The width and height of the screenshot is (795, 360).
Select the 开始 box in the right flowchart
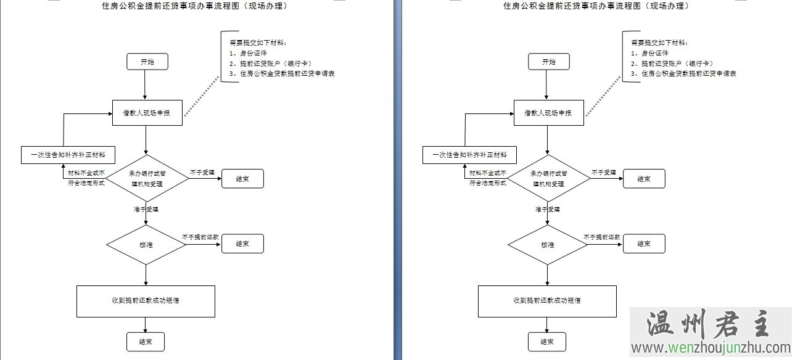click(x=548, y=62)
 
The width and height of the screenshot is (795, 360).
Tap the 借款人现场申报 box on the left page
click(x=147, y=113)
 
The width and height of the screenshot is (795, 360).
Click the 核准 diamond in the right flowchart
click(x=548, y=245)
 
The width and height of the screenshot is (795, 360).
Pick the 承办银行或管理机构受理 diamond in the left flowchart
click(x=147, y=178)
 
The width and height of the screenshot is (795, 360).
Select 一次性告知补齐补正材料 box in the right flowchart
click(x=469, y=155)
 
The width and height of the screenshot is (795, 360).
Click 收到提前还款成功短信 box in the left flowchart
click(x=146, y=301)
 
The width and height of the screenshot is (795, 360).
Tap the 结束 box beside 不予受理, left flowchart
click(x=242, y=179)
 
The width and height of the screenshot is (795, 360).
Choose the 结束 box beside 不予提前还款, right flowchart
click(x=644, y=243)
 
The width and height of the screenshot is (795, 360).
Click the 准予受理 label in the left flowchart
click(x=146, y=210)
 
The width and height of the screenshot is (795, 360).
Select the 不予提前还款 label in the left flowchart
click(x=202, y=237)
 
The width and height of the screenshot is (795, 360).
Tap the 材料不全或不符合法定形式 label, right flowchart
click(x=488, y=179)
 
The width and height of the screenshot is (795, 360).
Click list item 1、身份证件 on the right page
click(x=649, y=53)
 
